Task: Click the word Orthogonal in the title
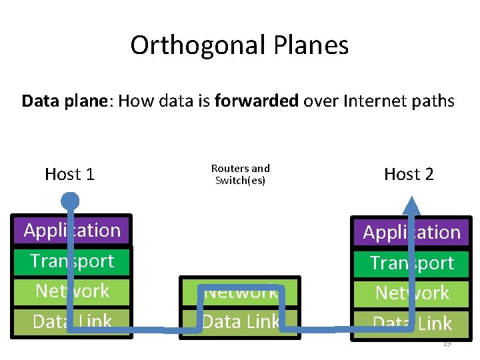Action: [198, 45]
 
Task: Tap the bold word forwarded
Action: [257, 101]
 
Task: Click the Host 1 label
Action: [69, 175]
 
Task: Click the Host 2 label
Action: [409, 175]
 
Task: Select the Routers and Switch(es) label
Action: [240, 175]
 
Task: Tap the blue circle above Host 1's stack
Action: [69, 200]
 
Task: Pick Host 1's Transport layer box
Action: [40, 261]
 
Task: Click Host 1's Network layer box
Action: [40, 291]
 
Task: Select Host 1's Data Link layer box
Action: [40, 321]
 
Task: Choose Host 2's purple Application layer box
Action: [380, 233]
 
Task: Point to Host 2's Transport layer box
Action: [380, 263]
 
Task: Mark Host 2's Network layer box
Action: [380, 293]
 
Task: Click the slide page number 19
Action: [447, 343]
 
